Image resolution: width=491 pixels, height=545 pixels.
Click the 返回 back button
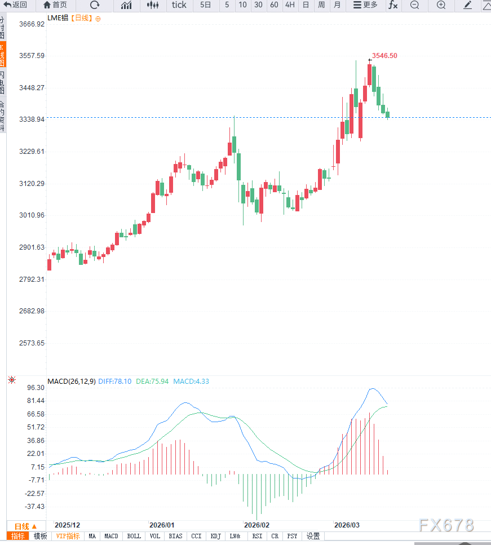(x=15, y=5)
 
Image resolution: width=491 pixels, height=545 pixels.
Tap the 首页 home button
(x=55, y=5)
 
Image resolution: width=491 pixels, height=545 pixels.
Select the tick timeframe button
(x=179, y=5)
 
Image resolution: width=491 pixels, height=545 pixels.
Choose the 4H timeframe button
(x=290, y=5)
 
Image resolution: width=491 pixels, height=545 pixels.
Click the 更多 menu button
(x=365, y=5)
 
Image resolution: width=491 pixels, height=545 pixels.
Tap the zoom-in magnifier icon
(x=441, y=5)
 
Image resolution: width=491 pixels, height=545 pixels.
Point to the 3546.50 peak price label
(x=384, y=56)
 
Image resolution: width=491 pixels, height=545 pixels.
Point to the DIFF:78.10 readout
(x=115, y=382)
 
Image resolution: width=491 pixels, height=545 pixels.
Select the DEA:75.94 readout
(x=152, y=382)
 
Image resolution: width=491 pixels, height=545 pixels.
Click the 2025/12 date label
(x=67, y=525)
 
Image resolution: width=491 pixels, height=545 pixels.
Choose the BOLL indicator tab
(x=134, y=537)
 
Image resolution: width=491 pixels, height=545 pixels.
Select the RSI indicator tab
(x=257, y=537)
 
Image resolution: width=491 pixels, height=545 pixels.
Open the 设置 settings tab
(x=313, y=537)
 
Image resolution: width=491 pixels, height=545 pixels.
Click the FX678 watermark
(x=446, y=525)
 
